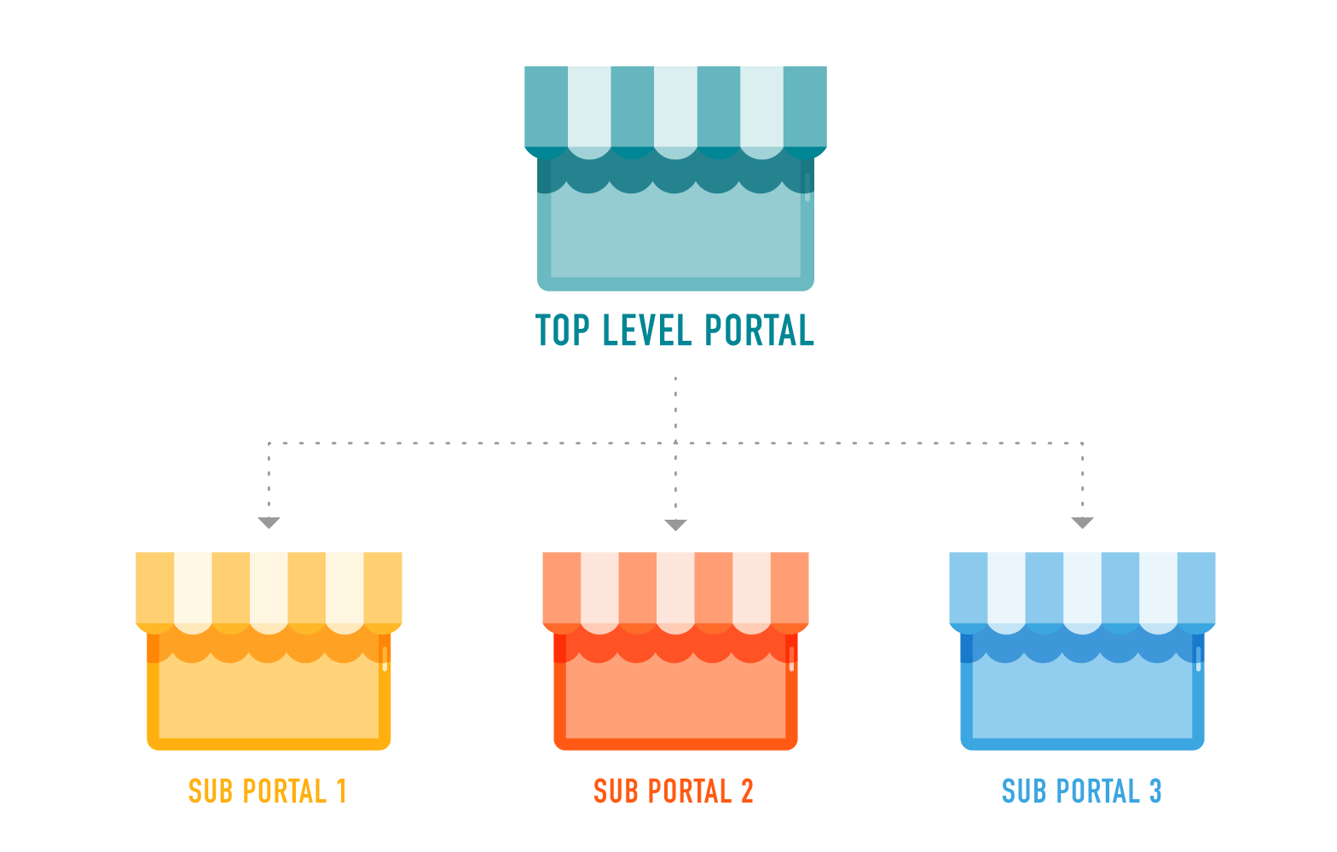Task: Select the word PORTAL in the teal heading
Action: click(759, 330)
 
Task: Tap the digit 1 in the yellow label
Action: click(342, 792)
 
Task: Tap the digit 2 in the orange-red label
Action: click(747, 792)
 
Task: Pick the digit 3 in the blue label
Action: click(1155, 792)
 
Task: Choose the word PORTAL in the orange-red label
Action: click(690, 792)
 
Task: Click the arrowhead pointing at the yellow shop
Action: click(269, 522)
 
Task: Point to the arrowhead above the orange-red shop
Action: click(675, 525)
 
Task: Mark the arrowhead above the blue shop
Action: click(1083, 522)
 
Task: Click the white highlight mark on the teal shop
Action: click(807, 187)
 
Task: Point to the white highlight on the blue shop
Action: click(1199, 659)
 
